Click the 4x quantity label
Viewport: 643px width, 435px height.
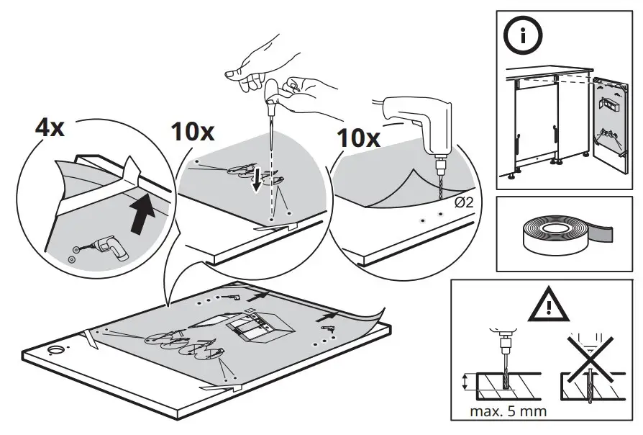[50, 130]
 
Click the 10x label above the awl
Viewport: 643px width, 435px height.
[193, 131]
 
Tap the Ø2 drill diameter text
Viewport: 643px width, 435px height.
[464, 202]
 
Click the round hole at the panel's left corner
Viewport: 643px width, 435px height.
[55, 351]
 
